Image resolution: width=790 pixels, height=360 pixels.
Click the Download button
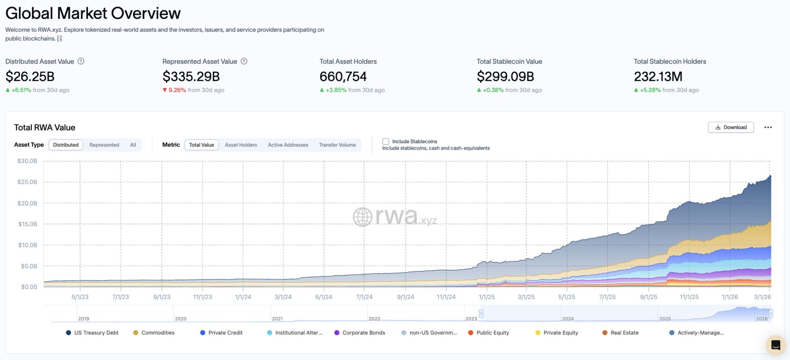[x=731, y=128]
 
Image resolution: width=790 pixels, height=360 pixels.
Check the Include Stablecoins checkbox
[x=386, y=142]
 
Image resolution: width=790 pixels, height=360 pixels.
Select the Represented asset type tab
[x=104, y=145]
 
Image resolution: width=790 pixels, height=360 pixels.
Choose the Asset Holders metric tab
[x=241, y=145]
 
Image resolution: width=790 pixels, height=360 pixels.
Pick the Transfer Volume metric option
[x=337, y=145]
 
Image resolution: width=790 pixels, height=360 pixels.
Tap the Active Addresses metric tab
[x=288, y=145]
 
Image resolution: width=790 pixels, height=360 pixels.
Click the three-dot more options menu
[x=768, y=128]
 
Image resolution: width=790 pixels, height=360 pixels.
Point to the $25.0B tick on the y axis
[x=27, y=182]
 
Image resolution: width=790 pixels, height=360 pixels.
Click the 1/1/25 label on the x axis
[x=487, y=297]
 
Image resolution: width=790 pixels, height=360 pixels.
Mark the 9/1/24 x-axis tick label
[x=405, y=297]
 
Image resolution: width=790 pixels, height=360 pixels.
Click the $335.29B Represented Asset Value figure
[x=191, y=77]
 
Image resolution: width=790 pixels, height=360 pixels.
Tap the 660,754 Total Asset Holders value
[x=343, y=77]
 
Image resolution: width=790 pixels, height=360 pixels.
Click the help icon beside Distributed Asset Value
[x=81, y=61]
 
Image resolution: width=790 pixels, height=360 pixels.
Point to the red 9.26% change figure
[x=177, y=90]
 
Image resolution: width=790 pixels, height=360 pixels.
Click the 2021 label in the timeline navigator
[x=277, y=319]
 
